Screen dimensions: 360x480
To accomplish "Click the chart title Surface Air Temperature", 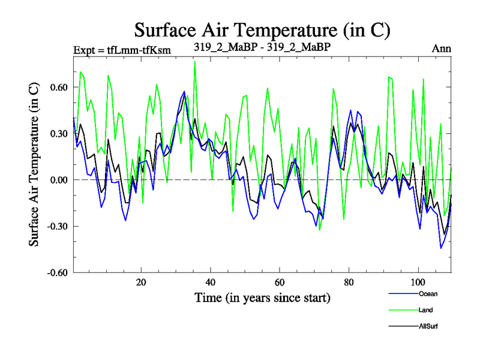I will [x=262, y=29].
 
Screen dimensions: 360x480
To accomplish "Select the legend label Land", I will [x=425, y=310].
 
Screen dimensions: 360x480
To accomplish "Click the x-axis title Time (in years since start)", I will [x=262, y=297].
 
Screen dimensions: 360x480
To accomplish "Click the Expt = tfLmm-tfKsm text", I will [x=122, y=49].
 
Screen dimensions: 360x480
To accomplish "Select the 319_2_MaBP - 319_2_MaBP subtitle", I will [x=262, y=46].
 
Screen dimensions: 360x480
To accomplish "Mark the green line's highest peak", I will [x=195, y=61].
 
